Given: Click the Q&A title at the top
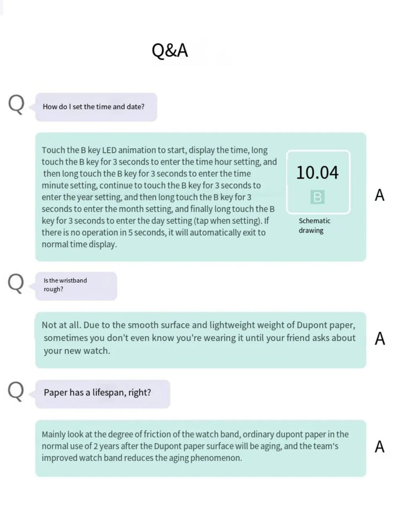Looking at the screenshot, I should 170,51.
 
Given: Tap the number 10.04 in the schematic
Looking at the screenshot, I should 317,173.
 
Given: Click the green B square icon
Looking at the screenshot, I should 317,197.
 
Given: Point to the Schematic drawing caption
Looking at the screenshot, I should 314,226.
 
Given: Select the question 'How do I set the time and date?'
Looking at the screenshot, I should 94,107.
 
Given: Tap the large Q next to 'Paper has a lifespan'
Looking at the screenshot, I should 16,391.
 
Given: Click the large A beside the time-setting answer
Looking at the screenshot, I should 380,195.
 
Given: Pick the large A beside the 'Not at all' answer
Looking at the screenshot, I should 380,338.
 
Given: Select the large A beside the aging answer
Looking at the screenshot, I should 380,447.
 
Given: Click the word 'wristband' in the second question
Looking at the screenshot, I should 72,280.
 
